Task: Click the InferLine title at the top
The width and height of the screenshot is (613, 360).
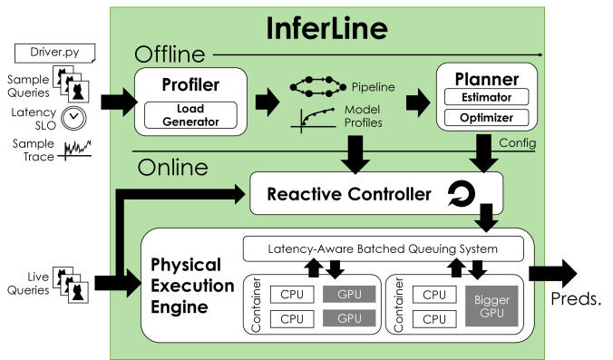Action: click(x=328, y=27)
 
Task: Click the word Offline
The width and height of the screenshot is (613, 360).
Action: click(x=170, y=54)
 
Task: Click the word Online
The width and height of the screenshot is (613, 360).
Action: click(x=171, y=168)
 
